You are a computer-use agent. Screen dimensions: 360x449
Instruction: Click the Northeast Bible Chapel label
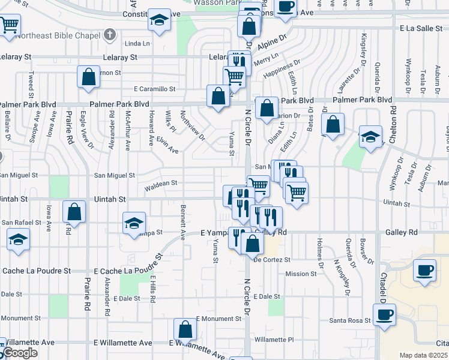(58, 35)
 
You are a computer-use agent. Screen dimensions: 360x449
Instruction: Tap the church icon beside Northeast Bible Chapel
(109, 34)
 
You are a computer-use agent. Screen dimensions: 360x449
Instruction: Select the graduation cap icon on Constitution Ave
(159, 20)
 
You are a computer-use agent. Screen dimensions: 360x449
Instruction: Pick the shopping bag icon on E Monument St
(185, 329)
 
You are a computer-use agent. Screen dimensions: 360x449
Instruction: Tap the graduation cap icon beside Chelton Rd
(370, 137)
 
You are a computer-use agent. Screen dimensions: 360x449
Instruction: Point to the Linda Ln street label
(137, 43)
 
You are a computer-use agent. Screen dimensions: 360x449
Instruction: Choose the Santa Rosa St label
(350, 320)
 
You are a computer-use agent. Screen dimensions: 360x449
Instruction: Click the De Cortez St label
(272, 260)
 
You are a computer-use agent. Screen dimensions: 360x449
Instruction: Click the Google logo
(19, 353)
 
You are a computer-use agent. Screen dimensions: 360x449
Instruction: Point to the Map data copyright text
(424, 355)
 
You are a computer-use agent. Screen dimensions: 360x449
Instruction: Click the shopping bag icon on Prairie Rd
(74, 212)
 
